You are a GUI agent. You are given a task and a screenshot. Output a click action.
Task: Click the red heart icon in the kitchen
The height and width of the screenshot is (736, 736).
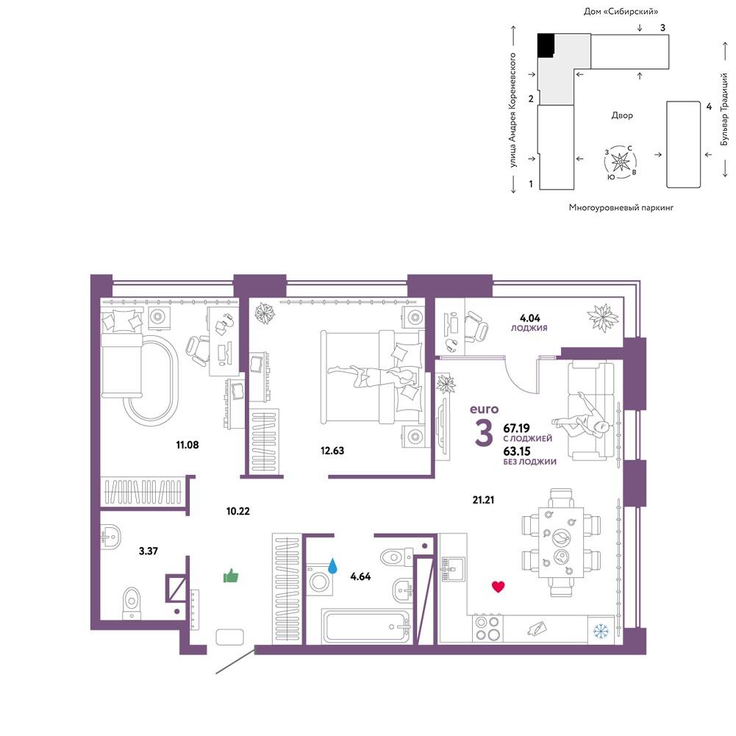tap(498, 586)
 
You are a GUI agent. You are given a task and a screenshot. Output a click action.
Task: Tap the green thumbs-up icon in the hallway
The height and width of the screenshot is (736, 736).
tap(231, 576)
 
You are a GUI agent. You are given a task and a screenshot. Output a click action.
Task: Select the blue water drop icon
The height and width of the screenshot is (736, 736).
tap(332, 566)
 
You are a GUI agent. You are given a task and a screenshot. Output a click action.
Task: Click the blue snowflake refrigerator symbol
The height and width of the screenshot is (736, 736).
tap(601, 631)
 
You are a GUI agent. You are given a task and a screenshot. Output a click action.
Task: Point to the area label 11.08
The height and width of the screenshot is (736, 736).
tap(187, 445)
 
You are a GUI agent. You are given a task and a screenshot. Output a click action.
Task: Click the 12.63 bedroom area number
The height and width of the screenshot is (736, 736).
tap(332, 451)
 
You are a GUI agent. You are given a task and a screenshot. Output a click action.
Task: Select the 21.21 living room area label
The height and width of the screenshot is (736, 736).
tap(483, 500)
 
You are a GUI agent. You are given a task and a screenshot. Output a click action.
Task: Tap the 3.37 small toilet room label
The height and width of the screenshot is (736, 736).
tap(149, 551)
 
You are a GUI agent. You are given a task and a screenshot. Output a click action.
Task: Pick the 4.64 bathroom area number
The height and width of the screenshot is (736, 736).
tap(360, 576)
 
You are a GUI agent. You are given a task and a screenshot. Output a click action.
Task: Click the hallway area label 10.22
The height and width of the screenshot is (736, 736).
tap(238, 511)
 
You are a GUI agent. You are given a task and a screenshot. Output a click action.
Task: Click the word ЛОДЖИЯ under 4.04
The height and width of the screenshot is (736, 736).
tap(529, 328)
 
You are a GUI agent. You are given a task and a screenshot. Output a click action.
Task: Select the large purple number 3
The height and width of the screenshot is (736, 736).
tap(484, 433)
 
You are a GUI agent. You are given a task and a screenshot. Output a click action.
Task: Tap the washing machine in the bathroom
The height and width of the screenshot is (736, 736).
tap(320, 580)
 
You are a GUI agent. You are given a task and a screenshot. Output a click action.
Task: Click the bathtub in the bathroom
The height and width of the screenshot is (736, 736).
tap(366, 626)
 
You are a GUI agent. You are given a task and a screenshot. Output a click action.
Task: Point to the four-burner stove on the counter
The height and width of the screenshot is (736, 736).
tap(487, 629)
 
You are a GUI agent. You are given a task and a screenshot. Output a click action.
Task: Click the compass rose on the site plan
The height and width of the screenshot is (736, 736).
tap(621, 162)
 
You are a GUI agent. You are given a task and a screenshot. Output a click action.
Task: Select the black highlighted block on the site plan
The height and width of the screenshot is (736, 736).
tap(546, 45)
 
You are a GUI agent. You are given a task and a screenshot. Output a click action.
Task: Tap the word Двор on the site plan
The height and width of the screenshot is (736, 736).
tap(622, 115)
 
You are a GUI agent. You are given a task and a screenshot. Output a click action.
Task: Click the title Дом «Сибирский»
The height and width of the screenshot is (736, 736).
tap(621, 11)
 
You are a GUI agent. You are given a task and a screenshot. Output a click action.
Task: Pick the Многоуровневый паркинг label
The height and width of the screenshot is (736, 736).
tap(621, 207)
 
